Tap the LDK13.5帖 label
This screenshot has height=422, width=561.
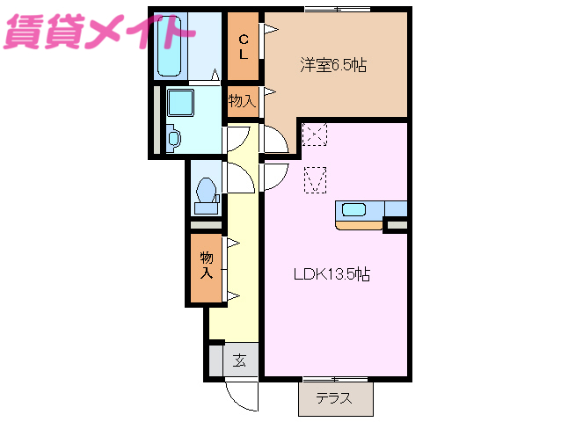331,273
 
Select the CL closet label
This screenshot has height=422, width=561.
243,45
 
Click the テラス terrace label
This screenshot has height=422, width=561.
334,398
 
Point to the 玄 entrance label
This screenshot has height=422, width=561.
239,360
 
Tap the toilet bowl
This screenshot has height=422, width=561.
207,191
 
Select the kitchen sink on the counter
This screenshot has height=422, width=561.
355,209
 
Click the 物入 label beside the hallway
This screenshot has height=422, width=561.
207,265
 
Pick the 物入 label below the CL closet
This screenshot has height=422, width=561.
242,101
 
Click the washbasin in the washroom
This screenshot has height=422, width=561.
172,137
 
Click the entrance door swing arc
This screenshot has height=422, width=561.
239,393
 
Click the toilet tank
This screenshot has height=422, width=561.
206,208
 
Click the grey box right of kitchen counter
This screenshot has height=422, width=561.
397,225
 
